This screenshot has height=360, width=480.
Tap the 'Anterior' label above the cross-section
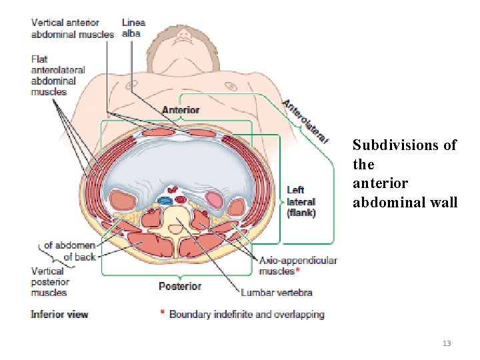pyautogui.click(x=180, y=110)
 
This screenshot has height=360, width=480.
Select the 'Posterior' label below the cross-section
pyautogui.click(x=179, y=286)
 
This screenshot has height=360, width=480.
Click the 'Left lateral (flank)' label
pyautogui.click(x=301, y=201)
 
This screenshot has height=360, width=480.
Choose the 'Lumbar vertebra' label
pyautogui.click(x=276, y=292)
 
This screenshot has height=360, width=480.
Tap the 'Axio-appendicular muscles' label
pyautogui.click(x=297, y=265)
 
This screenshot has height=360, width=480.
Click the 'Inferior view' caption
pyautogui.click(x=59, y=314)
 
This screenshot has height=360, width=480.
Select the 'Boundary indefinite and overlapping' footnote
pyautogui.click(x=246, y=314)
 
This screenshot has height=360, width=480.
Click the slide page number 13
pyautogui.click(x=447, y=343)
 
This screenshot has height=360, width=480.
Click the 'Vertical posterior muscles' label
pyautogui.click(x=49, y=281)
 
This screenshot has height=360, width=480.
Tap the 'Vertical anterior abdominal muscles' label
pyautogui.click(x=72, y=29)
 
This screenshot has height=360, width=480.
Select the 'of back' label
pyautogui.click(x=79, y=257)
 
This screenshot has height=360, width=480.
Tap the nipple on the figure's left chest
pyautogui.click(x=232, y=86)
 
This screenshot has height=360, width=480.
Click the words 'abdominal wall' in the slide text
pyautogui.click(x=405, y=203)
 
